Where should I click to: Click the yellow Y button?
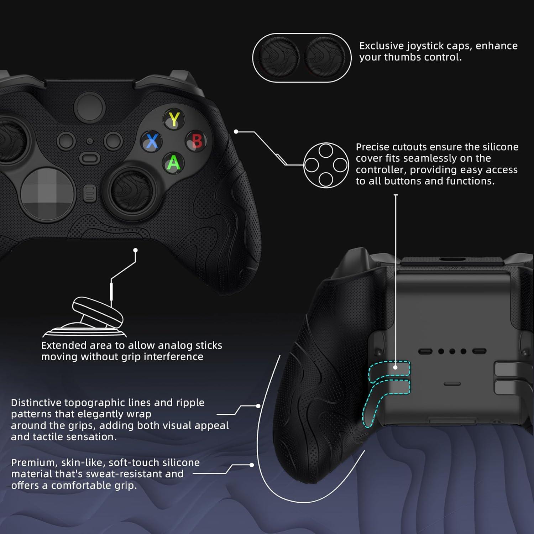coord(174,119)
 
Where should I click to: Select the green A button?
coord(174,163)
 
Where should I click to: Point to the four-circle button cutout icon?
coord(326,165)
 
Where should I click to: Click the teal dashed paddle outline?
coord(384,388)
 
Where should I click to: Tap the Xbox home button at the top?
coord(90,106)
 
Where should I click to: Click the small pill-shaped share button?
coord(90,157)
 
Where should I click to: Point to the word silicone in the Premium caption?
coord(180,462)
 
